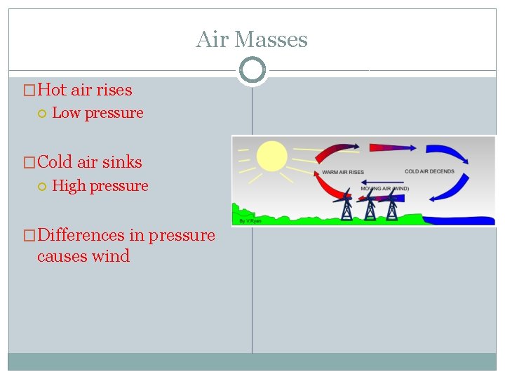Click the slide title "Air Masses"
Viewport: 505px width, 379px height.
pyautogui.click(x=252, y=39)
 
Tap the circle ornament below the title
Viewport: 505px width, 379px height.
pyautogui.click(x=252, y=70)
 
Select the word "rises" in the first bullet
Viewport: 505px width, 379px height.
pyautogui.click(x=113, y=90)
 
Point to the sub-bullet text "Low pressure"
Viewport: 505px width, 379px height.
pyautogui.click(x=97, y=113)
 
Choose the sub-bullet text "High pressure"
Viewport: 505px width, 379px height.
pyautogui.click(x=100, y=186)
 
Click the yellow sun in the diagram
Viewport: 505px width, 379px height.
pyautogui.click(x=272, y=157)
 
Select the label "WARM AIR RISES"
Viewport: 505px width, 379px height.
pyautogui.click(x=342, y=173)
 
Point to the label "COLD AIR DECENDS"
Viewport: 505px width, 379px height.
pyautogui.click(x=429, y=171)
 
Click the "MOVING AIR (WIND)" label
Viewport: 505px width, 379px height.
pyautogui.click(x=385, y=189)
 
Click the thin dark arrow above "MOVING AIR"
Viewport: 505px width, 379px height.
pyautogui.click(x=383, y=180)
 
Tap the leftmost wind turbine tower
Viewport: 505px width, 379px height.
pyautogui.click(x=347, y=207)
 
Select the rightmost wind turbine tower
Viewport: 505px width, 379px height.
pyautogui.click(x=392, y=208)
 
